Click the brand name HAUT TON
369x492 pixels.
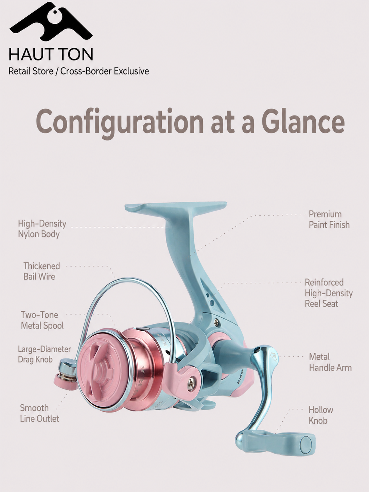[51, 54]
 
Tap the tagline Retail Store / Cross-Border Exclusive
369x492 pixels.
[78, 71]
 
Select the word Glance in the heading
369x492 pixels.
[303, 121]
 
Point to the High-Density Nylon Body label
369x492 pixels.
[42, 229]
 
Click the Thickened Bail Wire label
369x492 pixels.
[42, 271]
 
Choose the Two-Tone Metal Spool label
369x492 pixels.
[42, 320]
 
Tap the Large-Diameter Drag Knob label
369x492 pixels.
[44, 354]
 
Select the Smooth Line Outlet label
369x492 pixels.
[40, 413]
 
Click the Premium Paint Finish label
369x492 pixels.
[329, 219]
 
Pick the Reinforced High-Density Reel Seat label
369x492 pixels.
[329, 293]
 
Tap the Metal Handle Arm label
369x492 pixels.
[330, 362]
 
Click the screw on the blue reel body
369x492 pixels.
[216, 322]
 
